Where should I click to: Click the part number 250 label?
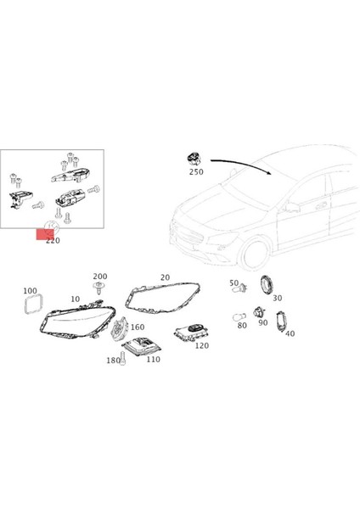coord(195,172)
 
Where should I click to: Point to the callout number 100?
coord(31,290)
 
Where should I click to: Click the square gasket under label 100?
coord(33,305)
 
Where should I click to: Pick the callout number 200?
coord(100,277)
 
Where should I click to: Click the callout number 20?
coord(164,277)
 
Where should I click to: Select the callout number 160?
coord(138,327)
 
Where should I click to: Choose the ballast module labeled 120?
coord(191,333)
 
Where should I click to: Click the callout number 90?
coord(262,323)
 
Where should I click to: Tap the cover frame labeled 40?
coord(285,320)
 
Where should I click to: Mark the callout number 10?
coord(76,299)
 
